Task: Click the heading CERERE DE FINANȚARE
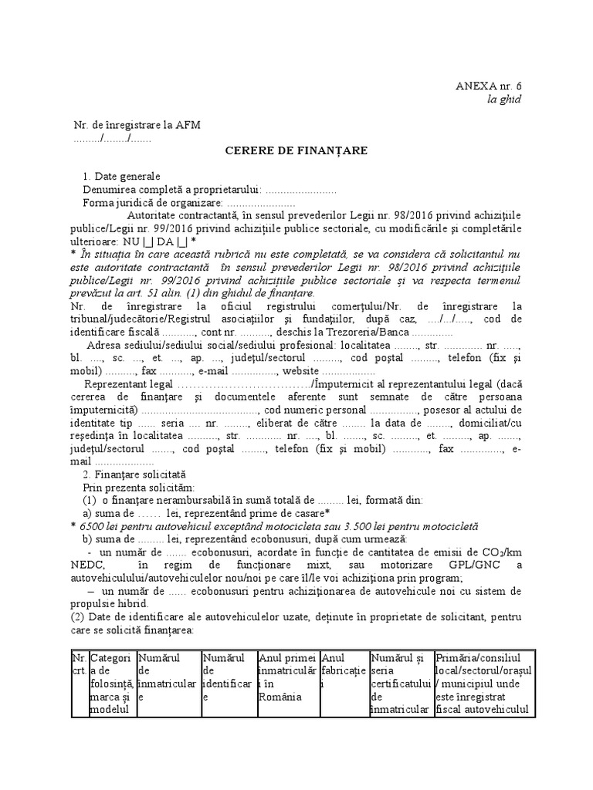click(296, 150)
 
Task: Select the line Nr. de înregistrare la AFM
click(137, 125)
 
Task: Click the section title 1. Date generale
click(122, 177)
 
